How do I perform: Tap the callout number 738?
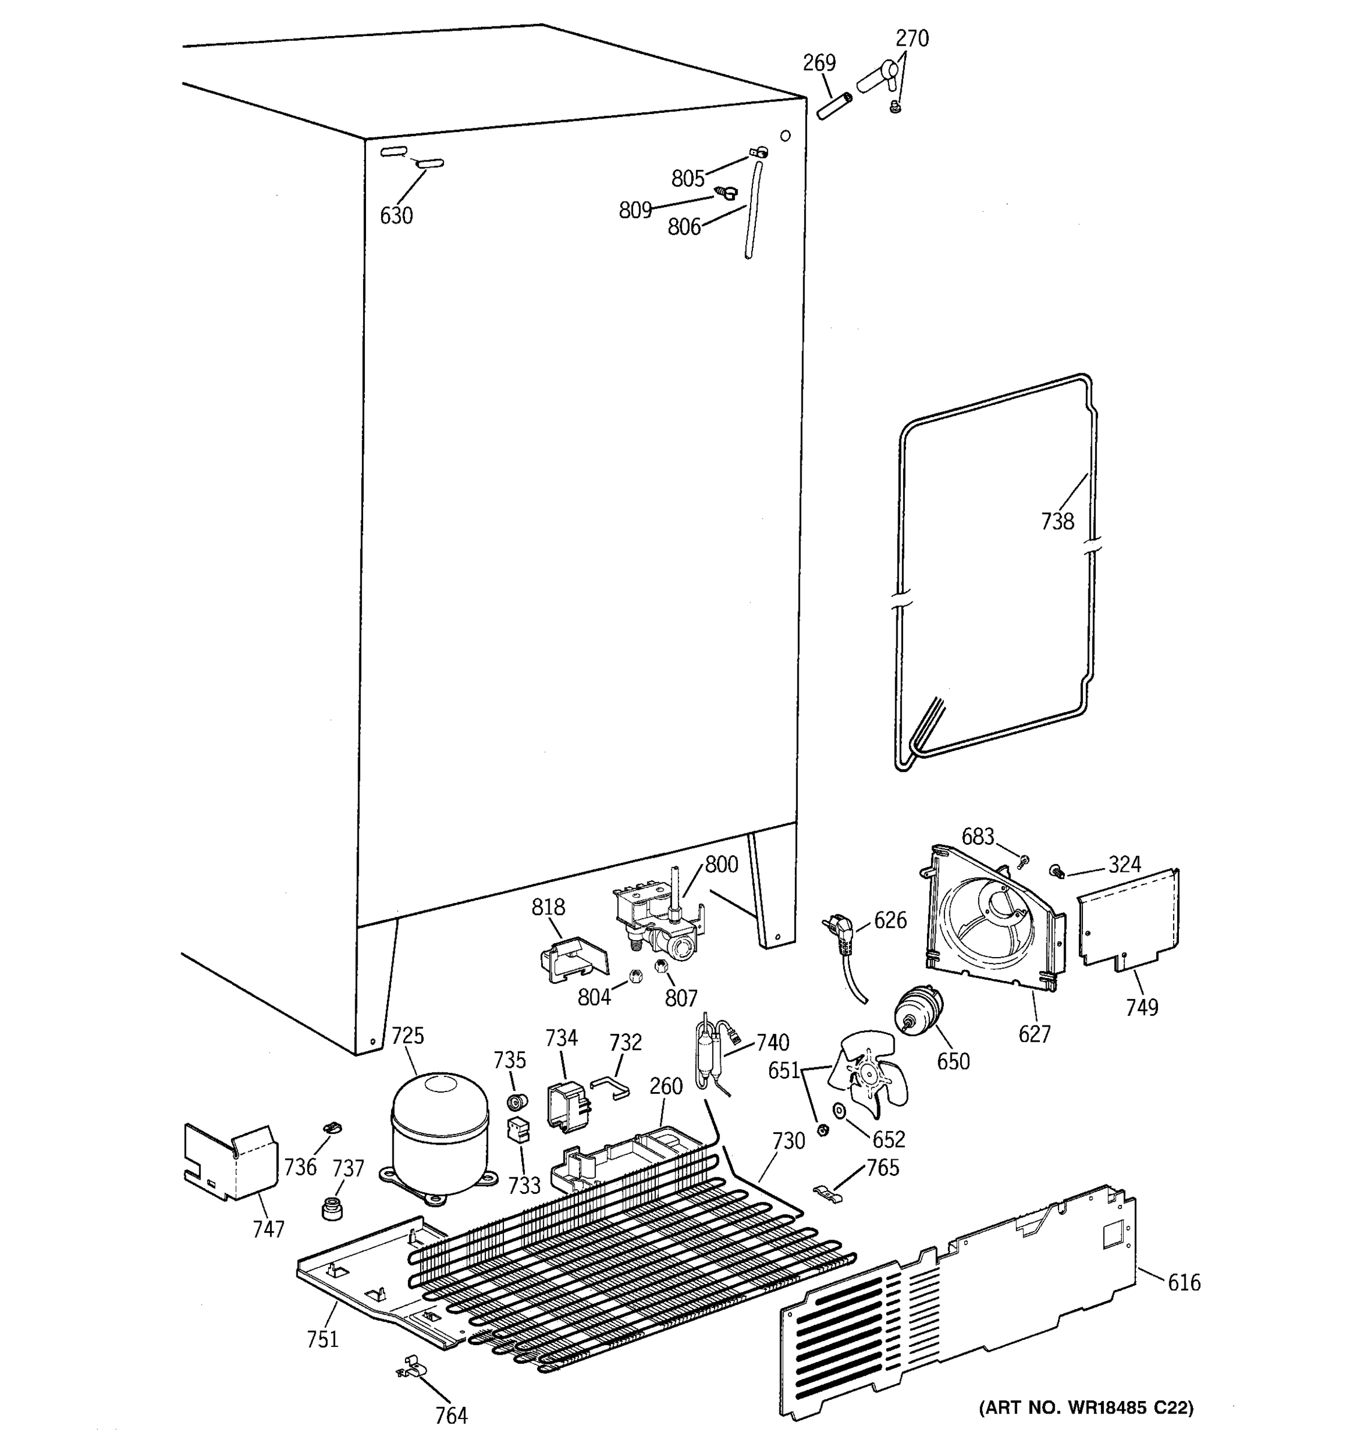tap(1057, 521)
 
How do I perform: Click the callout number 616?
tap(1183, 1283)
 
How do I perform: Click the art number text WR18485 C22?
tap(1085, 1408)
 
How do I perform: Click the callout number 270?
tap(912, 38)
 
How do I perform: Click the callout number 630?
tap(396, 216)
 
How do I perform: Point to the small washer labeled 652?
tap(839, 1111)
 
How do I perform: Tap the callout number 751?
tap(322, 1339)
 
